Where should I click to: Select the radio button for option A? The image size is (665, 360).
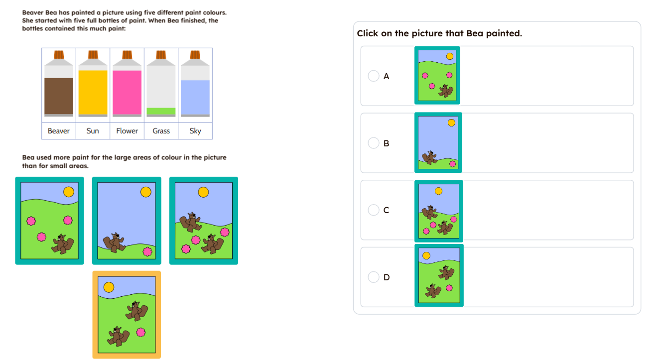point(374,76)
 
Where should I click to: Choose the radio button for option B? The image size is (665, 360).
point(374,143)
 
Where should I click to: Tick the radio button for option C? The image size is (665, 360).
point(374,210)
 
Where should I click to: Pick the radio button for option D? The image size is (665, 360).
point(374,277)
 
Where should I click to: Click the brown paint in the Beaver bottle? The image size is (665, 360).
point(59,96)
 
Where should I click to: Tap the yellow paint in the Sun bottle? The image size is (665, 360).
point(93,92)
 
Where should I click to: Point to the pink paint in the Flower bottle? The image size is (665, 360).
point(127,92)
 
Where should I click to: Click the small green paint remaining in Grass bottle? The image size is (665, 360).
point(161,112)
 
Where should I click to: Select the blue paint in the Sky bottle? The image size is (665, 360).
point(195,98)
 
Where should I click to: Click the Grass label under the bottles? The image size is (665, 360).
point(161,131)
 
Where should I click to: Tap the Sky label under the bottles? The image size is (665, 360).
point(195,131)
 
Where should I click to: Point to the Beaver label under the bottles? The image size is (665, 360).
point(58,131)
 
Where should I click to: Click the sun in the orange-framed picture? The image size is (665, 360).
point(109,287)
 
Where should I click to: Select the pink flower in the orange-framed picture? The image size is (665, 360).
point(140,333)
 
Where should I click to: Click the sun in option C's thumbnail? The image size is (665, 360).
point(438,191)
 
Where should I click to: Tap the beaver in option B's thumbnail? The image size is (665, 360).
point(429,157)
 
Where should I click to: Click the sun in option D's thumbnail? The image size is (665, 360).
point(426,255)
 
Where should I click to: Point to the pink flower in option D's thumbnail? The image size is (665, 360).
point(449,288)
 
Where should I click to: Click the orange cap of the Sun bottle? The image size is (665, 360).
point(93,55)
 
